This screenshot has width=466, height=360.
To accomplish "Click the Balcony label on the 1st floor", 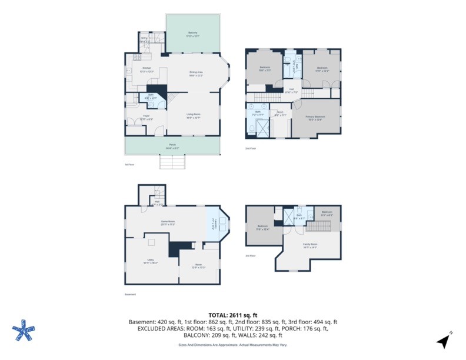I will click(192, 32).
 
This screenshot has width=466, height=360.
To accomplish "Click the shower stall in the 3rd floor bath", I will click(289, 216).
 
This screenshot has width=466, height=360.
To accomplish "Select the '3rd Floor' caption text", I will click(250, 255).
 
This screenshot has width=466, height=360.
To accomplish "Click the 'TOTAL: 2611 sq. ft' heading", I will click(232, 315).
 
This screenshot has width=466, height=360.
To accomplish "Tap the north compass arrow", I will click(442, 340).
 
